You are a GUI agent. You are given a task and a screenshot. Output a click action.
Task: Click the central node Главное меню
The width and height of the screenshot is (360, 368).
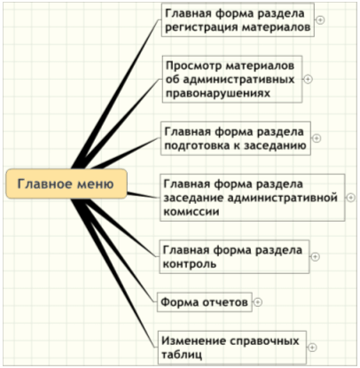67,184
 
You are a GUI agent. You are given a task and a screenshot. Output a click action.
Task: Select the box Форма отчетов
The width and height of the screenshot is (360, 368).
205,302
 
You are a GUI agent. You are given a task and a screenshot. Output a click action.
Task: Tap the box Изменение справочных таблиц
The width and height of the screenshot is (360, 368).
232,348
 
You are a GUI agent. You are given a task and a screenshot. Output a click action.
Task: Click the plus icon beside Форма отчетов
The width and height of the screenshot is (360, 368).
258,302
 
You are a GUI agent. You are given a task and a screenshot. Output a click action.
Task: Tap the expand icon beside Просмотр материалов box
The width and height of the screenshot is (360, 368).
308,79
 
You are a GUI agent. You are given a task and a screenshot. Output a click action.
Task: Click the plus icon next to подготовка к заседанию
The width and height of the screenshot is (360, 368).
317,138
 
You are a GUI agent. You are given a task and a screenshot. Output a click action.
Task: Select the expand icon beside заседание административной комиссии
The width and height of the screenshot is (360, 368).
351,198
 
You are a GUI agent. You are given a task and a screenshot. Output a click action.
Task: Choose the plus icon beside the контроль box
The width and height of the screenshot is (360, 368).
316,257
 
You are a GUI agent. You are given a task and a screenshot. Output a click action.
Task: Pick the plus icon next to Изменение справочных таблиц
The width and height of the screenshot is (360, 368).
313,348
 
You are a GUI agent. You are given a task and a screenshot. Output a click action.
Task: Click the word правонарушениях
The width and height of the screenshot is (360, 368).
218,93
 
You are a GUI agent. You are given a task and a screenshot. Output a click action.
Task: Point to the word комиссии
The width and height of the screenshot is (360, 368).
192,211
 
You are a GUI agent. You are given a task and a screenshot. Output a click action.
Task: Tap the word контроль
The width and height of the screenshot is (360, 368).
190,263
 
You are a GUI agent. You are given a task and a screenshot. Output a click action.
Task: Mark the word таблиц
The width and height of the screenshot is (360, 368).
182,354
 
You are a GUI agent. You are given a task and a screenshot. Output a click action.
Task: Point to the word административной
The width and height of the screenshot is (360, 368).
282,198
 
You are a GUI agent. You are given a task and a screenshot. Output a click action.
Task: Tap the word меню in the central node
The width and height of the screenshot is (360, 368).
96,184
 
